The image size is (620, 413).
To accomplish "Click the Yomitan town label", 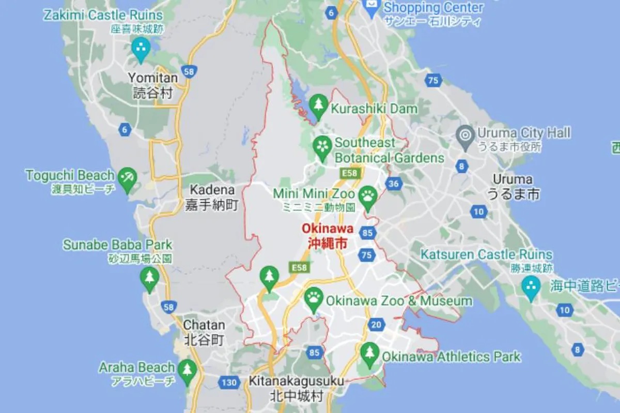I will click(153, 85).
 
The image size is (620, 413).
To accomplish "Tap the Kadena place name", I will click(212, 197).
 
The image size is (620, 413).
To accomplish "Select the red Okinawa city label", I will click(328, 236).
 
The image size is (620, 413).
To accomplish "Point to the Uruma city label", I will click(513, 187).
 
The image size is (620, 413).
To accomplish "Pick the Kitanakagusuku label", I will click(296, 388).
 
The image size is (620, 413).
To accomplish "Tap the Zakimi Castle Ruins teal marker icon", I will click(140, 48).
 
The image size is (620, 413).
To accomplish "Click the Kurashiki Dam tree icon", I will click(319, 104).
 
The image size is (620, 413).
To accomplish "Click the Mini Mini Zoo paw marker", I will click(368, 196).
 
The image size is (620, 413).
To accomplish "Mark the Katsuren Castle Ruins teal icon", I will click(531, 286).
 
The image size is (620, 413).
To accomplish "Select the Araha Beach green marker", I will click(187, 370).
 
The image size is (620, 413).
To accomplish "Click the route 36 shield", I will click(394, 183).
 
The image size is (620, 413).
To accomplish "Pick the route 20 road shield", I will click(377, 325).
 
